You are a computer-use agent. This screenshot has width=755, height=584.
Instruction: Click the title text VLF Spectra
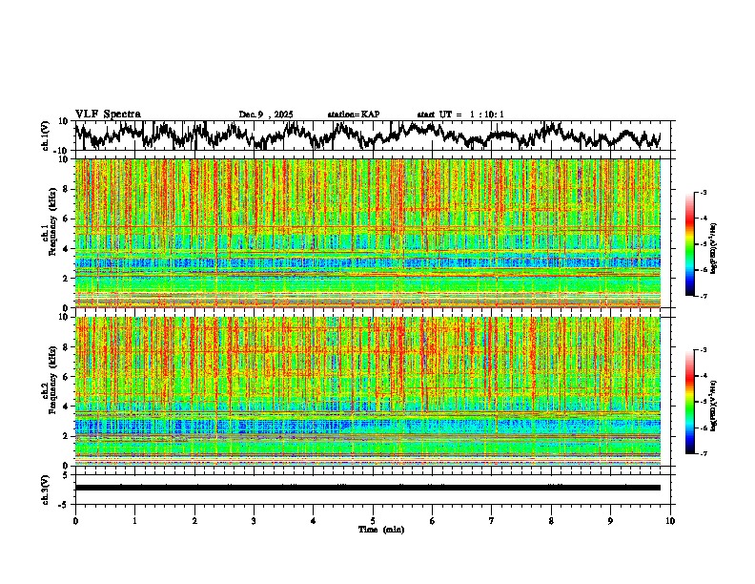click(108, 114)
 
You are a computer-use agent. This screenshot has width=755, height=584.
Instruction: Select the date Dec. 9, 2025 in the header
click(266, 115)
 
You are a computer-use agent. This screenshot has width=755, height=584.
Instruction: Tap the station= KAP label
click(353, 115)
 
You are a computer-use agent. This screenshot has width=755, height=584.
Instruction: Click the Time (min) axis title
click(380, 529)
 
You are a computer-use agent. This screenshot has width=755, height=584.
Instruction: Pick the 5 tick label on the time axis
click(373, 520)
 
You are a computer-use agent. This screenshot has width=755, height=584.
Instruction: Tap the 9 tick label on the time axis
click(611, 520)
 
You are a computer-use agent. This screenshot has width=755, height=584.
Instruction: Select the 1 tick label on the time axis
click(134, 520)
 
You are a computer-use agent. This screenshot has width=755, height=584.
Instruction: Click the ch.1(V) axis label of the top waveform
click(46, 136)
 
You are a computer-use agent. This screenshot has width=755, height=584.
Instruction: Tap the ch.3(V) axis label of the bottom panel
click(46, 487)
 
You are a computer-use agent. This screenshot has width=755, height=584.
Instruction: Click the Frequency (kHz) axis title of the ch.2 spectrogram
click(46, 391)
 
